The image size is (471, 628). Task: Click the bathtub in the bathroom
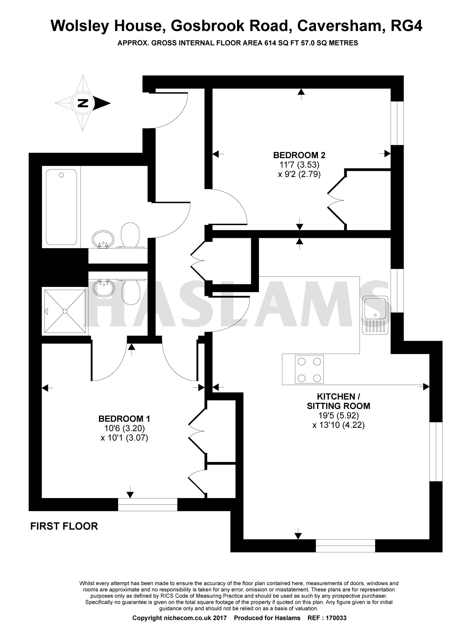(x=61, y=206)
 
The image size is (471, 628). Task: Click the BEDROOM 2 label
(x=299, y=155)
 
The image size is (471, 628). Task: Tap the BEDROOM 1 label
(x=124, y=418)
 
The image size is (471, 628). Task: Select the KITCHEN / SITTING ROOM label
(x=338, y=401)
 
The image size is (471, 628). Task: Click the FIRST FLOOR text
(x=64, y=526)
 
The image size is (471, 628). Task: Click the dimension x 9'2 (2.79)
(x=299, y=174)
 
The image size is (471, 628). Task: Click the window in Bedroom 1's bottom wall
(x=148, y=504)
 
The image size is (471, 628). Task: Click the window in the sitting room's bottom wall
(x=345, y=546)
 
